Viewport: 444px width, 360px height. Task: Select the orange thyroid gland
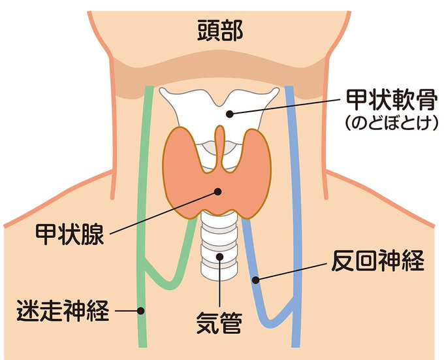pyautogui.click(x=189, y=176)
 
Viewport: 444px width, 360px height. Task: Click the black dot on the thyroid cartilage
pyautogui.click(x=229, y=113)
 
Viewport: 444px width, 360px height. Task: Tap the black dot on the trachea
pyautogui.click(x=220, y=257)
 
